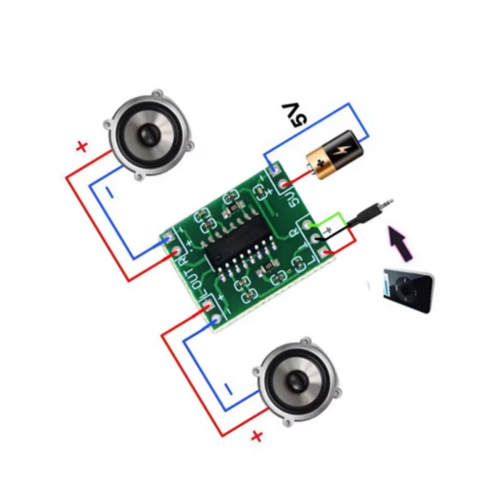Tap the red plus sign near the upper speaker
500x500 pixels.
(x=82, y=147)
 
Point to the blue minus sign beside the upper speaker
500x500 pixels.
(x=111, y=192)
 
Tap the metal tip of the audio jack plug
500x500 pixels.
(x=386, y=202)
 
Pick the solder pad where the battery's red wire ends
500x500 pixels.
(x=286, y=182)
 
